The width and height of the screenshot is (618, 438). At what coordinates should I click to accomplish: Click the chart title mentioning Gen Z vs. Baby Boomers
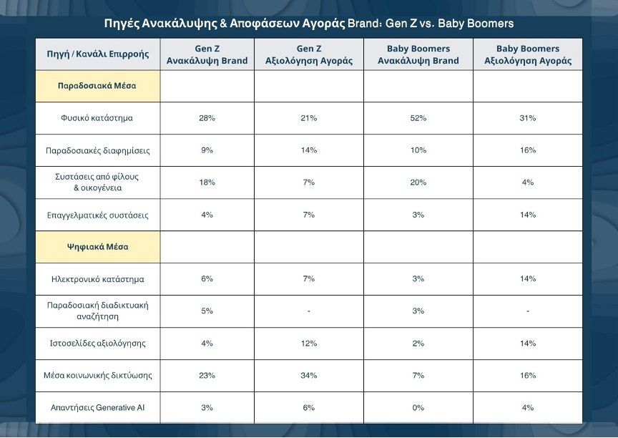(308, 24)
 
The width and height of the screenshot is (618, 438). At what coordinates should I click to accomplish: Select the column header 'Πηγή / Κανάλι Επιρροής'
(98, 54)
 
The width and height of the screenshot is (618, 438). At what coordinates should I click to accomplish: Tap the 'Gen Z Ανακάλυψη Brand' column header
(207, 54)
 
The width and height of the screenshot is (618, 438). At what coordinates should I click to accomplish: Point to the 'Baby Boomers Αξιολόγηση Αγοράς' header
(528, 54)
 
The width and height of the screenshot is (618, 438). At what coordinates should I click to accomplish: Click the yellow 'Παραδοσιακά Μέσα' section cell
(97, 86)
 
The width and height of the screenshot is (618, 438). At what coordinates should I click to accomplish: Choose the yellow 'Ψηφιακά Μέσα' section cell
(97, 247)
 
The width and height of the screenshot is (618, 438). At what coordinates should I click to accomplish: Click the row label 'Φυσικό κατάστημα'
(97, 118)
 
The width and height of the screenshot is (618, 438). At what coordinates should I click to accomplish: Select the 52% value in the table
(418, 118)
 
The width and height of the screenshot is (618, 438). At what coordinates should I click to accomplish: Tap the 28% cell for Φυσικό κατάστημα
(207, 118)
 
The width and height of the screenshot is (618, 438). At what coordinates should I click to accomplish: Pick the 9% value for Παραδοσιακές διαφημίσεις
(207, 150)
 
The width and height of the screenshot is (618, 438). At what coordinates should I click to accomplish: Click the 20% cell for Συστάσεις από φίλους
(418, 182)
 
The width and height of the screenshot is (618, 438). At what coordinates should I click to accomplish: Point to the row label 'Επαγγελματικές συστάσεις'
(98, 215)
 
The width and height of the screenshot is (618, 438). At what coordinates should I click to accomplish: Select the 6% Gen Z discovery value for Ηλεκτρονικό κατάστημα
(207, 278)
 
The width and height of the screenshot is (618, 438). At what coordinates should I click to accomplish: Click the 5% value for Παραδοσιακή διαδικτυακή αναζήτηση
(207, 311)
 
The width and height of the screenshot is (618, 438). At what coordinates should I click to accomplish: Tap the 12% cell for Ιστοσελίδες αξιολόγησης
(308, 344)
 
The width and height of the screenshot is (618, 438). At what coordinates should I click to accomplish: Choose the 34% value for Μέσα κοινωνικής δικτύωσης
(308, 375)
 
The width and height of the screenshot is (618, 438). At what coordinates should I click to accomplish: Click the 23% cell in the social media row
(207, 375)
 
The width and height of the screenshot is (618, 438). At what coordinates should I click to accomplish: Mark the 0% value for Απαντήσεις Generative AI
(418, 408)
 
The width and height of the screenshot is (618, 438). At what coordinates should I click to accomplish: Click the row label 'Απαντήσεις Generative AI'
(98, 408)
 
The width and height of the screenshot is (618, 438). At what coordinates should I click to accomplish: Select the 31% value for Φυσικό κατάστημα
(528, 118)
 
